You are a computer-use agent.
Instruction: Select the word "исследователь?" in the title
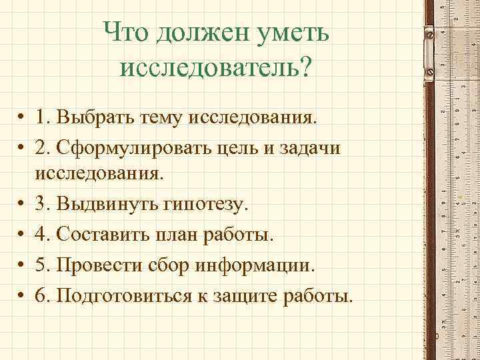(215, 69)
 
